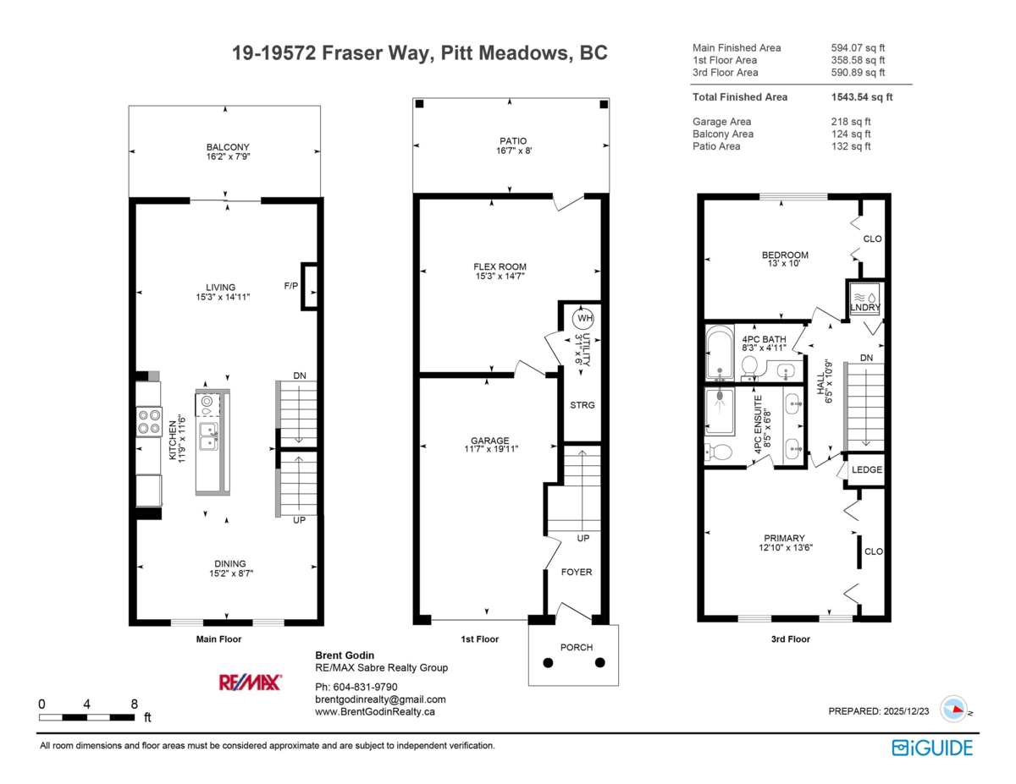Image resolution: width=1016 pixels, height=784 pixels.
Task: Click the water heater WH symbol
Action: pos(583,319)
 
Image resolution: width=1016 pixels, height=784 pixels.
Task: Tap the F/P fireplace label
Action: pos(290,286)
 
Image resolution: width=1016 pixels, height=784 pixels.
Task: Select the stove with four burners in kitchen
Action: pos(150,421)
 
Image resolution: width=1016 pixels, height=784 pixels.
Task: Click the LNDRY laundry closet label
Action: pos(865,308)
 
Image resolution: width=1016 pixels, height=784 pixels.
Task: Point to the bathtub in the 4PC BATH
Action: pos(720,354)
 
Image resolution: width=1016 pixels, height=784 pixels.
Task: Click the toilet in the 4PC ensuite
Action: pos(718,452)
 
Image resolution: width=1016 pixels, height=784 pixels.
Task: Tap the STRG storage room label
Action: pos(582,405)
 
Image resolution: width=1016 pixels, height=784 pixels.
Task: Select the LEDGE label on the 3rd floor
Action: pos(867,470)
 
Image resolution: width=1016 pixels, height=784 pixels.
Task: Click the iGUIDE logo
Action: pos(932,748)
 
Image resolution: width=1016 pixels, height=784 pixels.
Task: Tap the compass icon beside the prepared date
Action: pos(954,710)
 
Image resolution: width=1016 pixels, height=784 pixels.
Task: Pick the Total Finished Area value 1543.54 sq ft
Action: pos(862,97)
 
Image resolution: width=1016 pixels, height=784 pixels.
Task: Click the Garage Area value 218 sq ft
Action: pos(851,122)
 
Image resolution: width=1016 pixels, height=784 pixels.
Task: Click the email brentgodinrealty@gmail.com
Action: pos(380,699)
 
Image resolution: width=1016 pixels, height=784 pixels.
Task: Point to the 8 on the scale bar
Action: pos(134,703)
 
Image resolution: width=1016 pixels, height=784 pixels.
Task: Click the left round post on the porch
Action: pos(548,663)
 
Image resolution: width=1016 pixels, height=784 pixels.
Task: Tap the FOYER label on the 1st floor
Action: pos(577,573)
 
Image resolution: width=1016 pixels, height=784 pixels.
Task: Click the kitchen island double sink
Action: pos(208,436)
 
